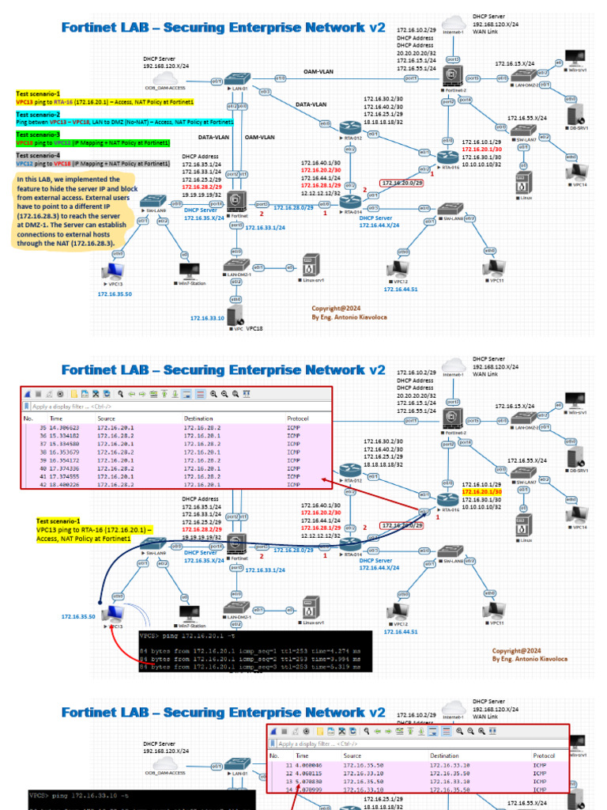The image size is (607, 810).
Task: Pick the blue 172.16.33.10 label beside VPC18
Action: coord(207,318)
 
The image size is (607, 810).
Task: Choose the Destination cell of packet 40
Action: coord(199,470)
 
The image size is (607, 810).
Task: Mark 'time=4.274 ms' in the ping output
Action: coord(341,650)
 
